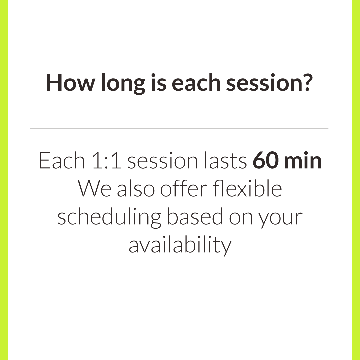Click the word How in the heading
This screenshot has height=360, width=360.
pyautogui.click(x=70, y=82)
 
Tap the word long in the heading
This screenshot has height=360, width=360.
pyautogui.click(x=123, y=84)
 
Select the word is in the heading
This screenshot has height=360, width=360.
pyautogui.click(x=159, y=82)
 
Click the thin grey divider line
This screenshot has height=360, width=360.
pyautogui.click(x=179, y=129)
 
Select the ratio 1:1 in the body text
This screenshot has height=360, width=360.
pyautogui.click(x=107, y=160)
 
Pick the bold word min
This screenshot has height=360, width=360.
pyautogui.click(x=303, y=160)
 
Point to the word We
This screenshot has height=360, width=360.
pyautogui.click(x=95, y=188)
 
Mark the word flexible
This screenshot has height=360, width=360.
pyautogui.click(x=247, y=188)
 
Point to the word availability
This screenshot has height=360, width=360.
pyautogui.click(x=180, y=245)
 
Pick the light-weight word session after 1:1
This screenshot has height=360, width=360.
pyautogui.click(x=163, y=161)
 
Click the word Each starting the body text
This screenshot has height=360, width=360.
pyautogui.click(x=62, y=160)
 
